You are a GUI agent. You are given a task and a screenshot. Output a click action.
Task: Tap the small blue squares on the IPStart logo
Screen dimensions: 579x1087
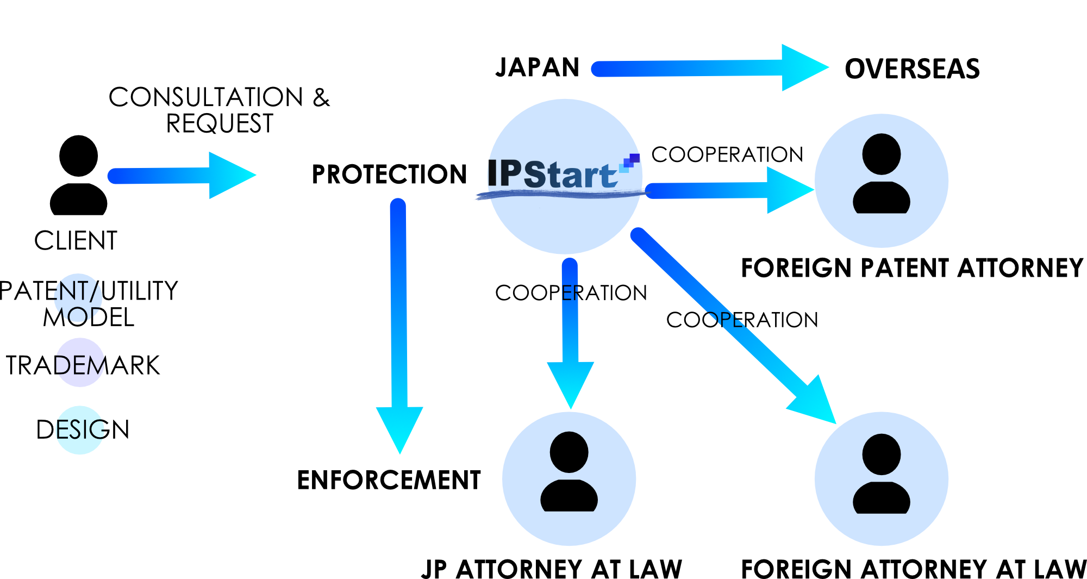click(630, 162)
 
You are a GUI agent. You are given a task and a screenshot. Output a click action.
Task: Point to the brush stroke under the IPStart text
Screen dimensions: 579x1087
click(560, 194)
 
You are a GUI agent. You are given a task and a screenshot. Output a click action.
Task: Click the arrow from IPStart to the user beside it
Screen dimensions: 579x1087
click(728, 190)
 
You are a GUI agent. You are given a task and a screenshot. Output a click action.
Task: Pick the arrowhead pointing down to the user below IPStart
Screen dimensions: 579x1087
click(571, 383)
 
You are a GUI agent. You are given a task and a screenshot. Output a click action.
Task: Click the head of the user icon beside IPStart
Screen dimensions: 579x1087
click(882, 154)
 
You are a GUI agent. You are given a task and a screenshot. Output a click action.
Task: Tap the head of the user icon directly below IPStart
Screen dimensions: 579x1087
click(569, 452)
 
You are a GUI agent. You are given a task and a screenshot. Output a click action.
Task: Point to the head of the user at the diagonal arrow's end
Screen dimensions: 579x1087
click(882, 454)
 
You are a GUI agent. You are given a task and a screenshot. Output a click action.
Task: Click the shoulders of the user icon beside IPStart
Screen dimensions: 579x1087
click(882, 198)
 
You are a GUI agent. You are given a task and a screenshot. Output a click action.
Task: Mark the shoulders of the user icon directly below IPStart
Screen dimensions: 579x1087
click(569, 496)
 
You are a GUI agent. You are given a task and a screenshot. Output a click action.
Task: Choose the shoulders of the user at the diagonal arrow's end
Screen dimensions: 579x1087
click(882, 499)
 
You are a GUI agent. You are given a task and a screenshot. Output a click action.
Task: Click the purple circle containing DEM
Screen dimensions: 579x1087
click(80, 363)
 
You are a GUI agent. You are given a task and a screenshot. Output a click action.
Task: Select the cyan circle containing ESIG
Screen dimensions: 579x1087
click(80, 430)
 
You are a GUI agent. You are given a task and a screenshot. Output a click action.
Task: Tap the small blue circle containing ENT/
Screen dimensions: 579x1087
click(78, 297)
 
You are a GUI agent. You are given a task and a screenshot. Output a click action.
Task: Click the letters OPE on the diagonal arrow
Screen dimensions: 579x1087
click(726, 320)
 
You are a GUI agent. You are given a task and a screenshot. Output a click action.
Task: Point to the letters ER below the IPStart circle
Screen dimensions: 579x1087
click(570, 294)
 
